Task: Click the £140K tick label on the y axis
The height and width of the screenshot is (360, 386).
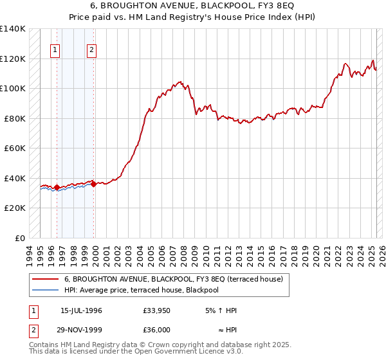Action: (x=13, y=29)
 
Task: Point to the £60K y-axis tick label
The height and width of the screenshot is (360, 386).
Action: (x=15, y=148)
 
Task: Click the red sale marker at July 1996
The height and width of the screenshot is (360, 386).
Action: (x=57, y=188)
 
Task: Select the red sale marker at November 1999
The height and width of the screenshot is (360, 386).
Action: (x=94, y=184)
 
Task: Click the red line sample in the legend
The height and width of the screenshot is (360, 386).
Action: (x=46, y=279)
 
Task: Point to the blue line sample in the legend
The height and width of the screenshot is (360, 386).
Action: (x=46, y=290)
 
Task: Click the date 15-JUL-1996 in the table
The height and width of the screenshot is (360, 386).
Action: (x=81, y=310)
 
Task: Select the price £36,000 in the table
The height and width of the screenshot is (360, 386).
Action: (x=157, y=329)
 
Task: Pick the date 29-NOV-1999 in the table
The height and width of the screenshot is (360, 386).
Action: (x=81, y=329)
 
